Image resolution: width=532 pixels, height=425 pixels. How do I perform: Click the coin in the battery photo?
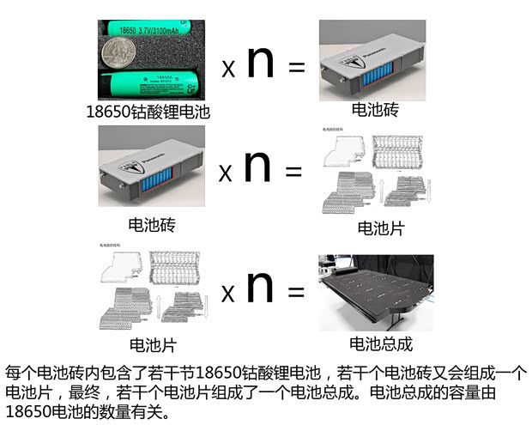(121, 54)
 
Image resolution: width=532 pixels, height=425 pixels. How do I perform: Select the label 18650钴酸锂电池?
(148, 111)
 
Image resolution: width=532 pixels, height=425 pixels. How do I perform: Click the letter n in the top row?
(260, 64)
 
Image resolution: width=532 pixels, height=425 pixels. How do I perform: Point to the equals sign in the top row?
(297, 67)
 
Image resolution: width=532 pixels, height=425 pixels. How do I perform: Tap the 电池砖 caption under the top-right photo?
(375, 111)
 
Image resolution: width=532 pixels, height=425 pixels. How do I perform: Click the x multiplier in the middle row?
(225, 173)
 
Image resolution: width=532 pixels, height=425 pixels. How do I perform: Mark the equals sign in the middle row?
(293, 172)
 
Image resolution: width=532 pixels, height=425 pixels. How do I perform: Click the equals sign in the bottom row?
(296, 292)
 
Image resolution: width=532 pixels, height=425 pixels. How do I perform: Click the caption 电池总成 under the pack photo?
(381, 344)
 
